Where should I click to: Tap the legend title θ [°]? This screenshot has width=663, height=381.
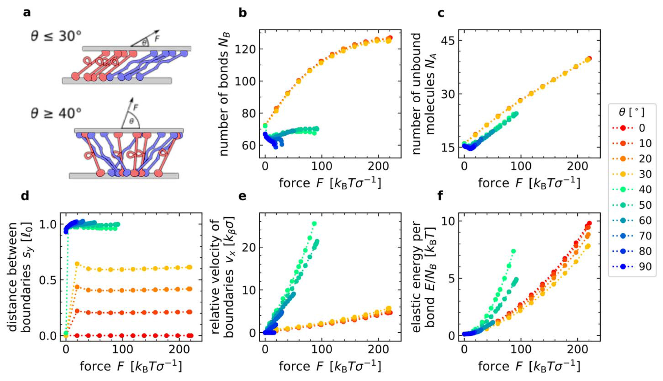tap(631, 112)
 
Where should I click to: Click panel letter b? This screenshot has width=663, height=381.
tap(243, 13)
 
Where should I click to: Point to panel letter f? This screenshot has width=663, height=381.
tap(440, 196)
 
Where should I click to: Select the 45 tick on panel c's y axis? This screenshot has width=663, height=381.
tap(446, 41)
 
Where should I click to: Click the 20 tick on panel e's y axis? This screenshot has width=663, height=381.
tap(251, 247)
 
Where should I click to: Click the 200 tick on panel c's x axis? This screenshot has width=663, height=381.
tap(577, 166)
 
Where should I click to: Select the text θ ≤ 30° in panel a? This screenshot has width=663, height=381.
tap(56, 36)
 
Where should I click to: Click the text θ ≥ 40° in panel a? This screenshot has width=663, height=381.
tap(56, 113)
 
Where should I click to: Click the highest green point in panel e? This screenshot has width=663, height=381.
tap(314, 224)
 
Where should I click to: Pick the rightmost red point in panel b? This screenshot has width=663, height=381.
tap(390, 38)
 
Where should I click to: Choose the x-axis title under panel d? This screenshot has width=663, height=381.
tap(131, 366)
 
